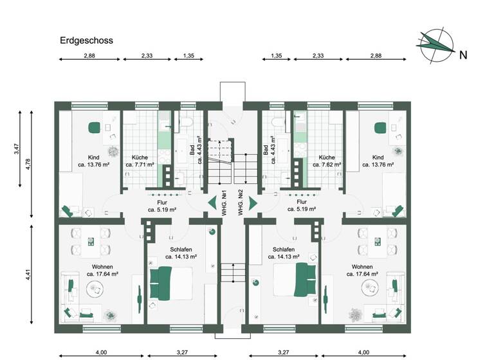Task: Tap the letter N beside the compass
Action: point(462,55)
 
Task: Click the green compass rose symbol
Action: point(434,44)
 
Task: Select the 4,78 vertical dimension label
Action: point(27,164)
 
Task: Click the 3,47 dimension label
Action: point(16,150)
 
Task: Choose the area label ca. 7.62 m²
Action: point(326,165)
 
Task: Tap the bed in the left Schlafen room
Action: point(170,283)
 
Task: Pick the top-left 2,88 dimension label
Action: point(89,55)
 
